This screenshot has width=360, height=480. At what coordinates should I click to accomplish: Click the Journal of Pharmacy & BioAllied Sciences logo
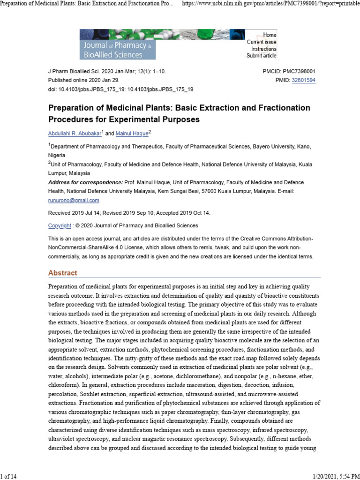point(118,44)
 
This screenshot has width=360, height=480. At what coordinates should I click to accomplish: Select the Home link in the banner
point(270,35)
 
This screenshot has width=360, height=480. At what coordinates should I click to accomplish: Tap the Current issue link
point(262,42)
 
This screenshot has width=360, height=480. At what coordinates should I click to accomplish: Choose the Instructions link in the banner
point(263,49)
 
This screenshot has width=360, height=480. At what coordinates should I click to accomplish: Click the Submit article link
point(262,56)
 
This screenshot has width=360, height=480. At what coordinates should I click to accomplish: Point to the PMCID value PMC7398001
point(296,71)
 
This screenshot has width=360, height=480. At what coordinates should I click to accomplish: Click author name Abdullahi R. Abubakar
point(74,134)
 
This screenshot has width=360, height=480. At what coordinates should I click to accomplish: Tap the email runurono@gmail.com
point(74,200)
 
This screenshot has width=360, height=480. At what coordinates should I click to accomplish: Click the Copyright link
point(60,225)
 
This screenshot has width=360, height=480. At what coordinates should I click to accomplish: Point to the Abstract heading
point(63,273)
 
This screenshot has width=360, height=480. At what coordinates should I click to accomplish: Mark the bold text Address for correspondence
point(85,182)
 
